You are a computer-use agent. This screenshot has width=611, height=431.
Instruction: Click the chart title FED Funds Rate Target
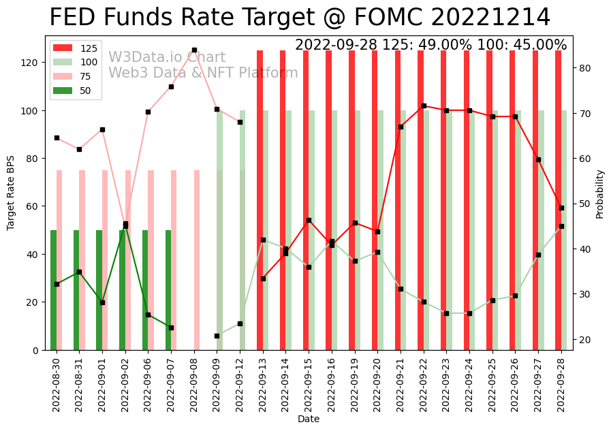[x=300, y=18]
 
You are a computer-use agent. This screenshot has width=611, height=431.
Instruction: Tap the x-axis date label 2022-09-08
[x=195, y=384]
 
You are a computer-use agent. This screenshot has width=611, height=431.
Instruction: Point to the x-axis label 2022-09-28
[x=561, y=384]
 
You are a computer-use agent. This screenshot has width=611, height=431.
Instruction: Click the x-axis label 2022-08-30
[x=57, y=384]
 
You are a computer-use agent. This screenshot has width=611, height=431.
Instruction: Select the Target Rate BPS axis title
[x=11, y=193]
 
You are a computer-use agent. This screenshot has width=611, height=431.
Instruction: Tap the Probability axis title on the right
[x=600, y=194]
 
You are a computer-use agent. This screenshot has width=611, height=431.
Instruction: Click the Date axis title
[x=309, y=419]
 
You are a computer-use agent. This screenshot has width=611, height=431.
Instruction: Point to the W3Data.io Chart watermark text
[x=167, y=57]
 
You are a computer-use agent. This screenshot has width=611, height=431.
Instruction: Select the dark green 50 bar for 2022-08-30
[x=54, y=289]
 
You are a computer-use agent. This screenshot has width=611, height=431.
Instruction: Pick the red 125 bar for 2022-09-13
[x=260, y=200]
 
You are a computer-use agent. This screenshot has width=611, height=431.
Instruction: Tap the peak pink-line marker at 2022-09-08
[x=194, y=50]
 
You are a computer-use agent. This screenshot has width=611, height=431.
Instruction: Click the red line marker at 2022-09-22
[x=424, y=106]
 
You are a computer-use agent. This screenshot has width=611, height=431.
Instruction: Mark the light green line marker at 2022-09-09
[x=217, y=336]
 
